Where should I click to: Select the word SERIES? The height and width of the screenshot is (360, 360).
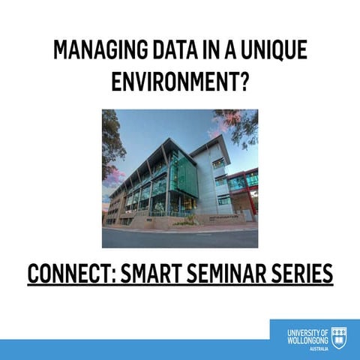coord(304,274)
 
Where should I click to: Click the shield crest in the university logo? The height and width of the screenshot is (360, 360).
coord(339,335)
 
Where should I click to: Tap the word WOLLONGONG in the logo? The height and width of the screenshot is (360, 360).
coord(307,340)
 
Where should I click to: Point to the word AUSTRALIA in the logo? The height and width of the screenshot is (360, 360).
coord(319,349)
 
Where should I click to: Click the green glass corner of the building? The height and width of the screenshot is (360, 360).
coord(181,176)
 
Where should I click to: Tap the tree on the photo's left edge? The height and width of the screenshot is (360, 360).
coord(111,142)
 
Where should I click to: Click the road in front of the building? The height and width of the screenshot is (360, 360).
coord(180,238)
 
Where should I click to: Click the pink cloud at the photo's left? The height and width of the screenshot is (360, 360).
coord(112,180)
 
